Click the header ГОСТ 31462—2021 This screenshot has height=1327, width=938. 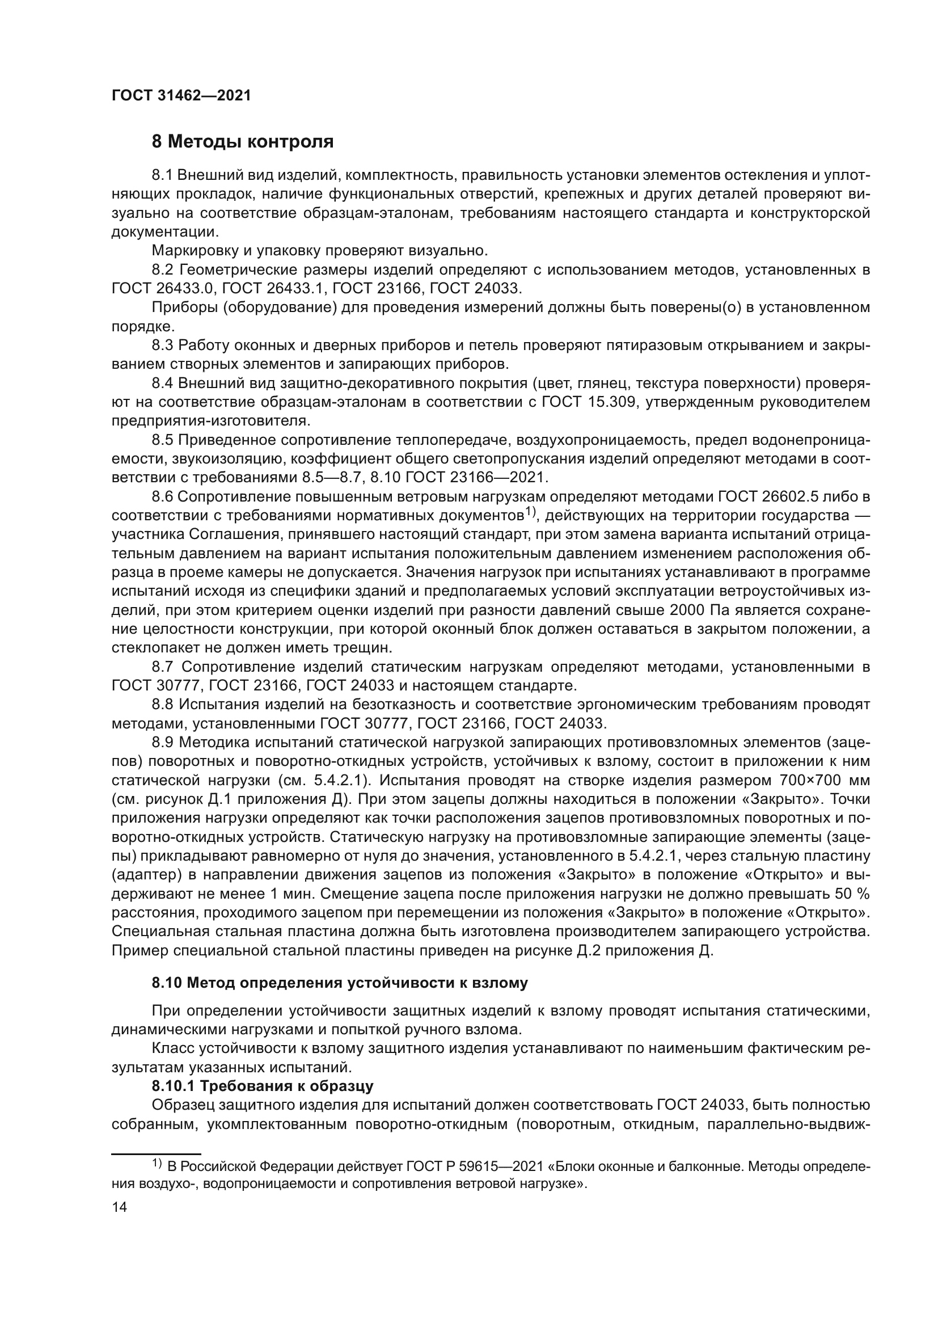tap(181, 96)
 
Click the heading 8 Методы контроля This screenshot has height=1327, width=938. tap(243, 142)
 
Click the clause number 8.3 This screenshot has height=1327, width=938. tap(163, 346)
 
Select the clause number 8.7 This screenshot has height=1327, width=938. tap(163, 667)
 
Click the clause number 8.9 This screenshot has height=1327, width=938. tap(163, 743)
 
